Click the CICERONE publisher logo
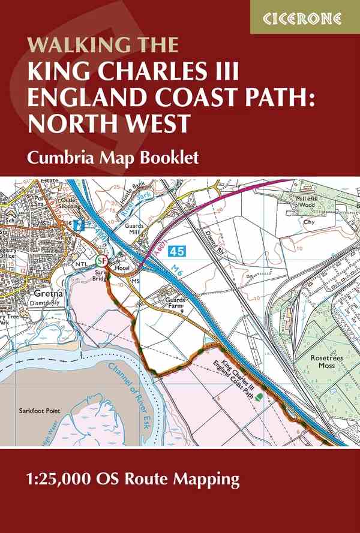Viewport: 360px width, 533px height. click(305, 17)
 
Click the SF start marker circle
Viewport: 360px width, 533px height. click(103, 261)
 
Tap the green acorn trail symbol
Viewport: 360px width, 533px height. click(258, 396)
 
